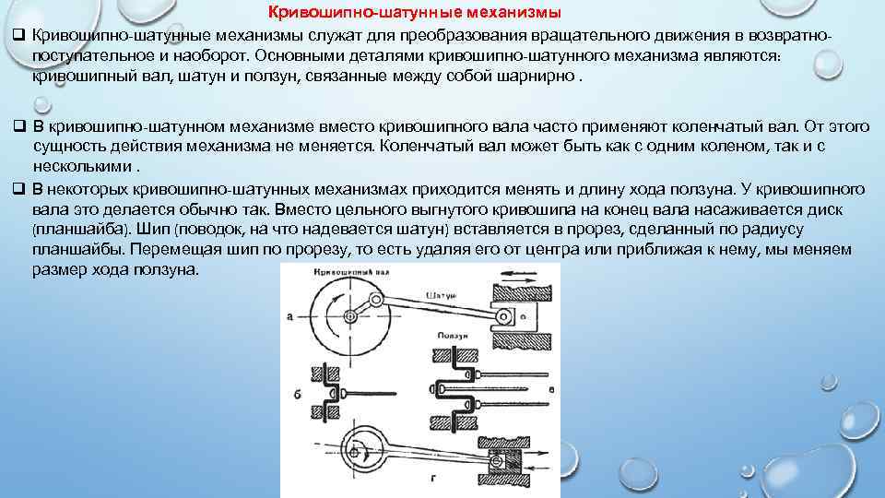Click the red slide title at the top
413,12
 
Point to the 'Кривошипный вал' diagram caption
348,274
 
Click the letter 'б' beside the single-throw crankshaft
297,395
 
